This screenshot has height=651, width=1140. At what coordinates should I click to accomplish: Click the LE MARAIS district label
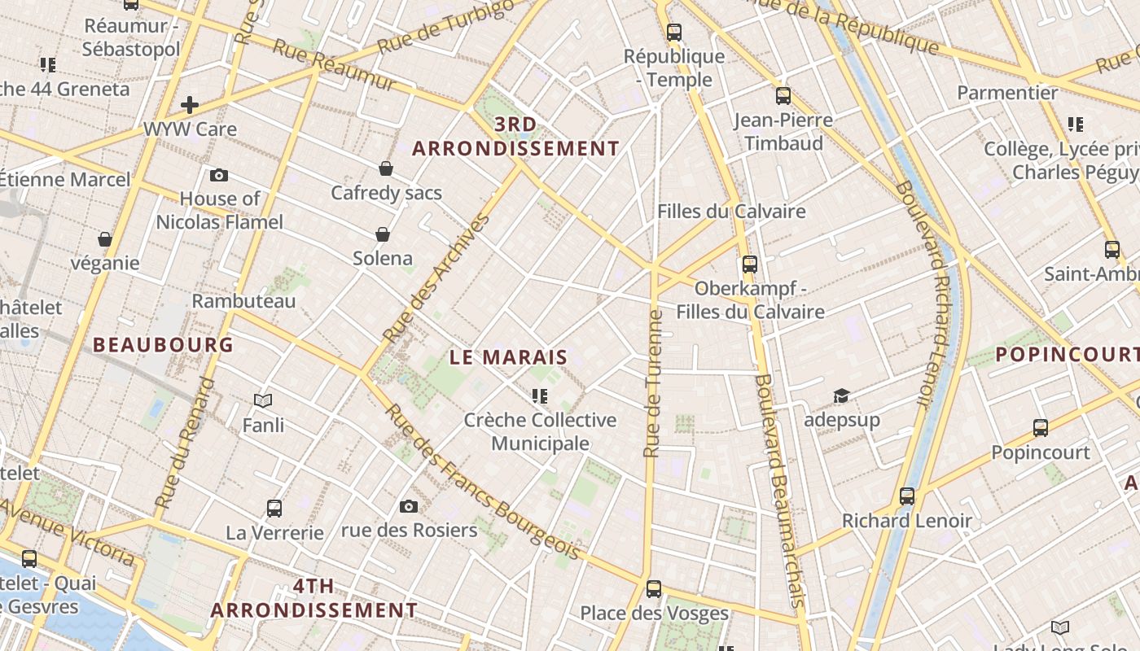(509, 357)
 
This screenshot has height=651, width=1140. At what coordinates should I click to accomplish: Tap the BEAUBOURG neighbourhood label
(163, 344)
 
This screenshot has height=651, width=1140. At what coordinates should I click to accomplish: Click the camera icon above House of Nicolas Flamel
(219, 175)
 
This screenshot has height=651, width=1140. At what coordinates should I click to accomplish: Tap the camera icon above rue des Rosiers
(409, 506)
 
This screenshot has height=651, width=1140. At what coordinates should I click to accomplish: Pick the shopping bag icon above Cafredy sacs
(386, 168)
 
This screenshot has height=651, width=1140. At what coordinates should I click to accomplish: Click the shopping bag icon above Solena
(383, 234)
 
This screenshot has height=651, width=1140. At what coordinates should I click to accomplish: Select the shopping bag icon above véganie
(105, 239)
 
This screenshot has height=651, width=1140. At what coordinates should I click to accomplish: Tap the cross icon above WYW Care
(190, 104)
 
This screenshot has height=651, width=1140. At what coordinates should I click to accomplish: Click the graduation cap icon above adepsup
(841, 396)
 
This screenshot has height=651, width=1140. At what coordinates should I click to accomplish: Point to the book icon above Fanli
(263, 400)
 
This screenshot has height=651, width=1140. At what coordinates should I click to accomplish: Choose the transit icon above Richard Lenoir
(907, 496)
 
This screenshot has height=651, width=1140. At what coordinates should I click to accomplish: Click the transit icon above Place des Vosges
(654, 588)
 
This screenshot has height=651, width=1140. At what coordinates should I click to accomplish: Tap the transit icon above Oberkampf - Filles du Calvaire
(750, 264)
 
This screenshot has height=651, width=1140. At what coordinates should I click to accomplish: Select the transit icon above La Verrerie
(274, 509)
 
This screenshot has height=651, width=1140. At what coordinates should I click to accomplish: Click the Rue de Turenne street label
(651, 382)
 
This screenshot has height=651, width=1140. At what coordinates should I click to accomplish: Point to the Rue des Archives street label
(437, 277)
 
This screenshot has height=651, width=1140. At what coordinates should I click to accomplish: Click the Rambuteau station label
(243, 301)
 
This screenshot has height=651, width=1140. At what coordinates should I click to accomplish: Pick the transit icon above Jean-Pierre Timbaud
(783, 96)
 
